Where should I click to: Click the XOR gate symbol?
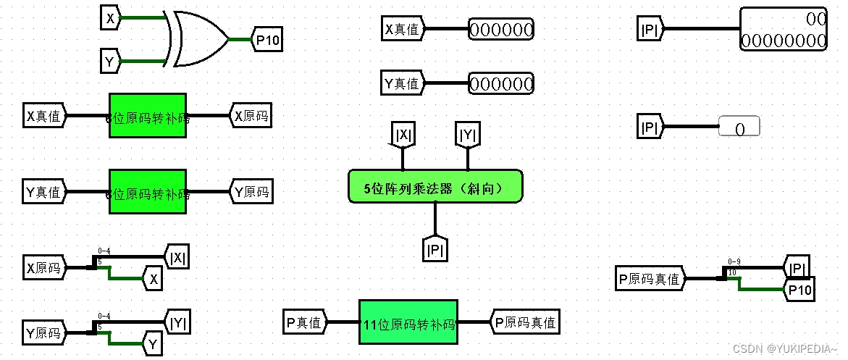pos(198,39)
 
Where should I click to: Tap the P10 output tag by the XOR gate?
pos(266,40)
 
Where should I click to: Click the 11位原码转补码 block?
pos(408,322)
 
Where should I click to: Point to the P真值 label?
pos(305,322)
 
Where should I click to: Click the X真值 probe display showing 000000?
pos(501,30)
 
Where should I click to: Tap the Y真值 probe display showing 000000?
pos(501,83)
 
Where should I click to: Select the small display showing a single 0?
pos(739,127)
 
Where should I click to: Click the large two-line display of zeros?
pos(783,29)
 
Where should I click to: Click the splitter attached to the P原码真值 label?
pos(726,275)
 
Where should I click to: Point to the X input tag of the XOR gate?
pos(110,19)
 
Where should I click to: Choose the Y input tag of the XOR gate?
pos(110,62)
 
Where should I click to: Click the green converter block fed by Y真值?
pos(148,192)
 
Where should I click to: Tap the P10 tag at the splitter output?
pos(799,289)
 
